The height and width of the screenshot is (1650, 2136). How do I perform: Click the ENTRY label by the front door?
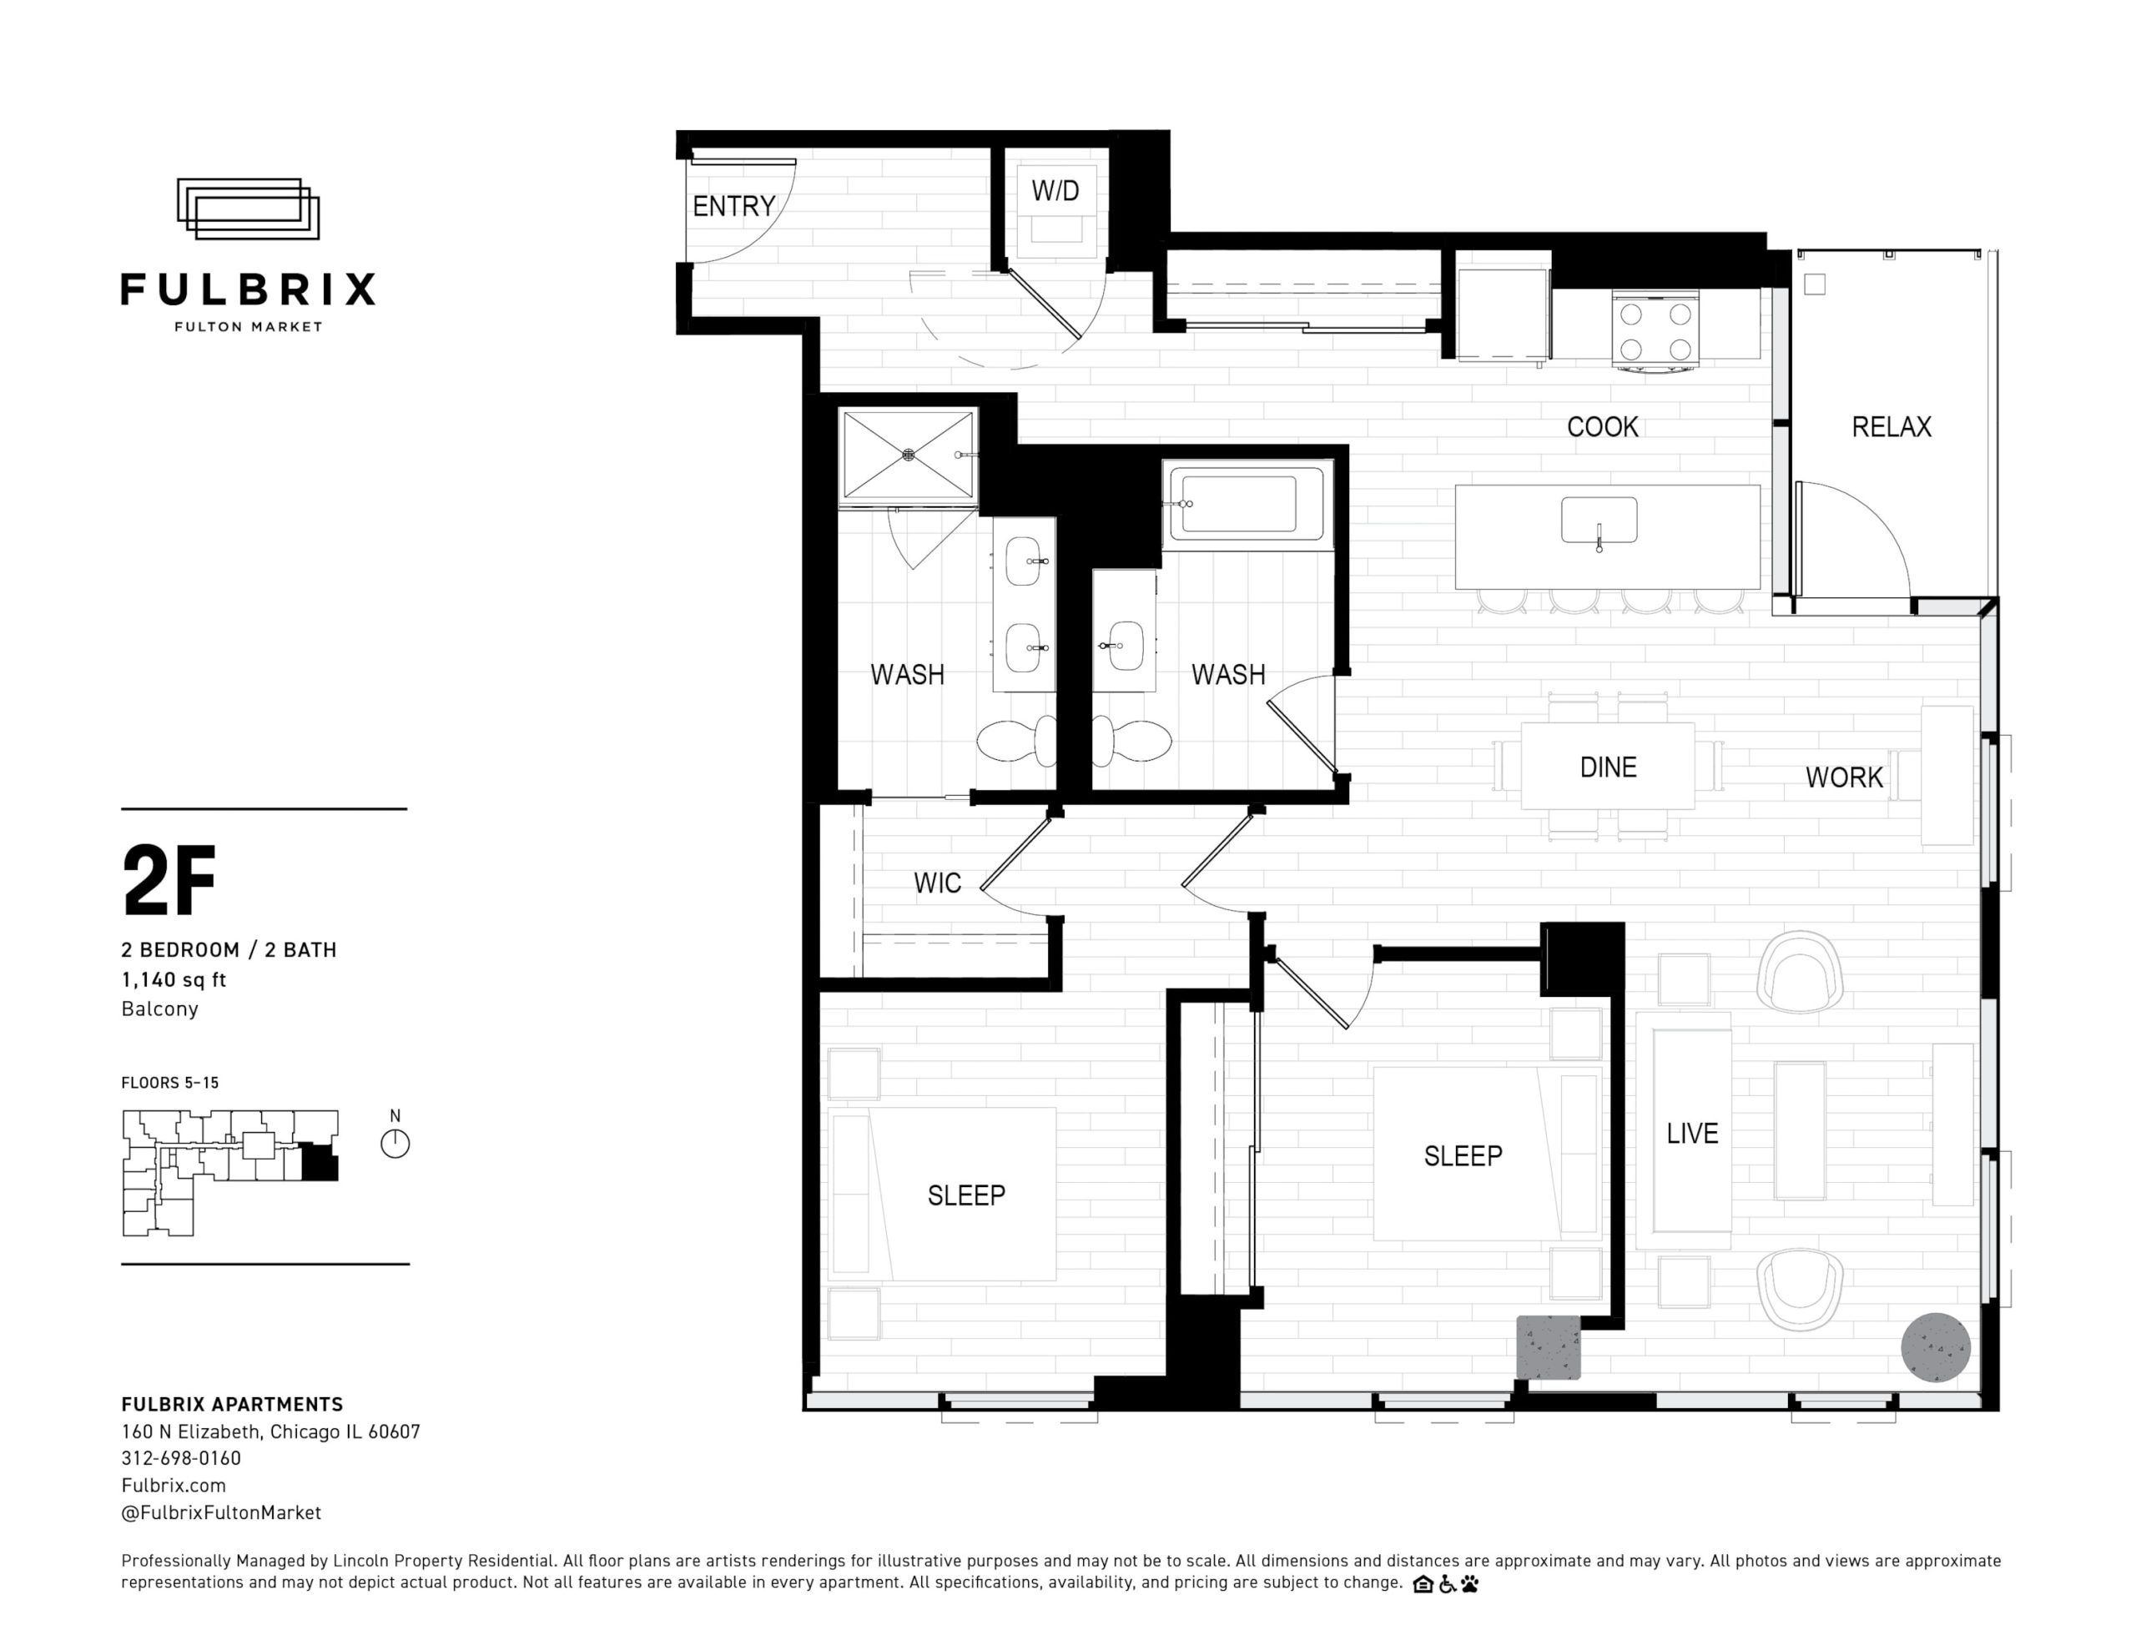[733, 206]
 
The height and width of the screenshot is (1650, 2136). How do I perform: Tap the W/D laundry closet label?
[1055, 191]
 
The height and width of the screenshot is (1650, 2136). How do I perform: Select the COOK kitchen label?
[1602, 426]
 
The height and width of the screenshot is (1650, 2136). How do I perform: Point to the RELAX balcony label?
[1892, 426]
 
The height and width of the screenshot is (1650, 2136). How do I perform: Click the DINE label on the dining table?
[1608, 767]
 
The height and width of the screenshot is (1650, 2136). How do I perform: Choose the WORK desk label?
[1844, 777]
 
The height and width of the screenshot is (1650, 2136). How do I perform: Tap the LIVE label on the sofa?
[1692, 1134]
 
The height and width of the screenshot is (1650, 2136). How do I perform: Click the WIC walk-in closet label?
[937, 883]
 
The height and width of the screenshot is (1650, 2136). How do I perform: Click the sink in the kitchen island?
[1599, 521]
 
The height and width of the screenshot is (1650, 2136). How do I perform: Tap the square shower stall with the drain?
[909, 455]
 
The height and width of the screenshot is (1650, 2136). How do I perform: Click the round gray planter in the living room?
[1936, 1347]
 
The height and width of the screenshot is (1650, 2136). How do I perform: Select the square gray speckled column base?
[1549, 1347]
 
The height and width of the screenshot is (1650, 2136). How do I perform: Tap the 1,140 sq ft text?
[174, 979]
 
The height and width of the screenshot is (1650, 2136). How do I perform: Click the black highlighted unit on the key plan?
[320, 1162]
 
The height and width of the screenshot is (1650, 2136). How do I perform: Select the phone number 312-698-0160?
[181, 1458]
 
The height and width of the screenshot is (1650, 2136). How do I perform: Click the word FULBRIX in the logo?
[249, 289]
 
